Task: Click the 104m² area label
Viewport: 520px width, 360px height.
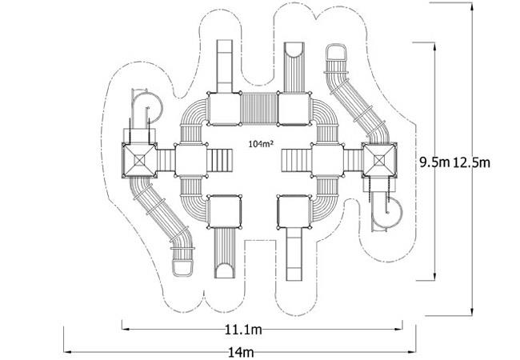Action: pyautogui.click(x=261, y=144)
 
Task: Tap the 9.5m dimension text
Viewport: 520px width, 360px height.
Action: pyautogui.click(x=434, y=162)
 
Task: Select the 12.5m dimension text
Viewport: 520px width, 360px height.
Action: pyautogui.click(x=471, y=162)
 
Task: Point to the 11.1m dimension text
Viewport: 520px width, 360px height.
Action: pyautogui.click(x=243, y=330)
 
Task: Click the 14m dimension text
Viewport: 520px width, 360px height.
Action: pyautogui.click(x=241, y=352)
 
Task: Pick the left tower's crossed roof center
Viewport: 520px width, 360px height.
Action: pyautogui.click(x=140, y=161)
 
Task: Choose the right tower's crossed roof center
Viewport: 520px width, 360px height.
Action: pyautogui.click(x=378, y=161)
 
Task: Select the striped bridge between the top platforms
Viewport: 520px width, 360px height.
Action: pyautogui.click(x=258, y=109)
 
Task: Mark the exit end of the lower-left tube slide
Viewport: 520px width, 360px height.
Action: pyautogui.click(x=182, y=268)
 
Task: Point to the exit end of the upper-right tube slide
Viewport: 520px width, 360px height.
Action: pyautogui.click(x=336, y=52)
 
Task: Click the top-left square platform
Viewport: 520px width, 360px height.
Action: pyautogui.click(x=225, y=109)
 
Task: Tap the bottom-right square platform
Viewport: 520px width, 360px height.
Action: pyautogui.click(x=294, y=211)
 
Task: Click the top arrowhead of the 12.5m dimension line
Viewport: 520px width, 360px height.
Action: pyautogui.click(x=472, y=6)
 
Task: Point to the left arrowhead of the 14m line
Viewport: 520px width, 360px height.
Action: pyautogui.click(x=67, y=351)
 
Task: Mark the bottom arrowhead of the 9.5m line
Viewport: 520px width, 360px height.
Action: pyautogui.click(x=434, y=277)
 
